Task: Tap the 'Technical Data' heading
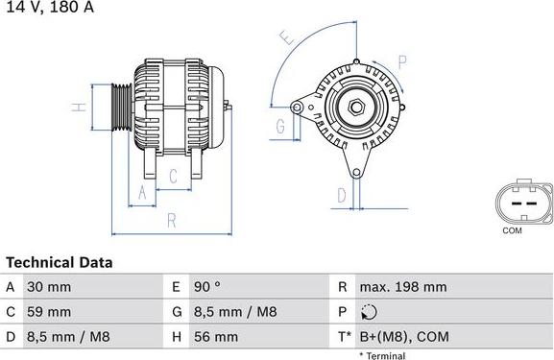click(60, 262)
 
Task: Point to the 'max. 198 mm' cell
click(403, 287)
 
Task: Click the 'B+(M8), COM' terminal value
click(404, 337)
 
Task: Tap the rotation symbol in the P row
click(372, 312)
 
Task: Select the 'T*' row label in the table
click(344, 337)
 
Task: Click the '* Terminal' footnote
click(382, 355)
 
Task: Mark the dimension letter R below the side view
click(172, 221)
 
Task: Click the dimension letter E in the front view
click(285, 39)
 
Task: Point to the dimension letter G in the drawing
click(280, 127)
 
